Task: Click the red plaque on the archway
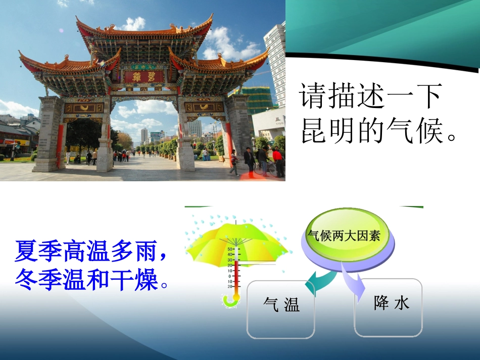tap(144, 76)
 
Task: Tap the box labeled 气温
tap(281, 309)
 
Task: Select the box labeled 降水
tap(388, 307)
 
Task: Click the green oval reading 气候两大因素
tap(345, 235)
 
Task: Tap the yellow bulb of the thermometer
tap(236, 297)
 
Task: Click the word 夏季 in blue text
tap(38, 251)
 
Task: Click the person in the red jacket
tap(278, 162)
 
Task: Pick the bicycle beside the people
tap(264, 168)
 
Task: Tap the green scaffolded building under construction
tap(257, 99)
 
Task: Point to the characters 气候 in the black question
tap(414, 131)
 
